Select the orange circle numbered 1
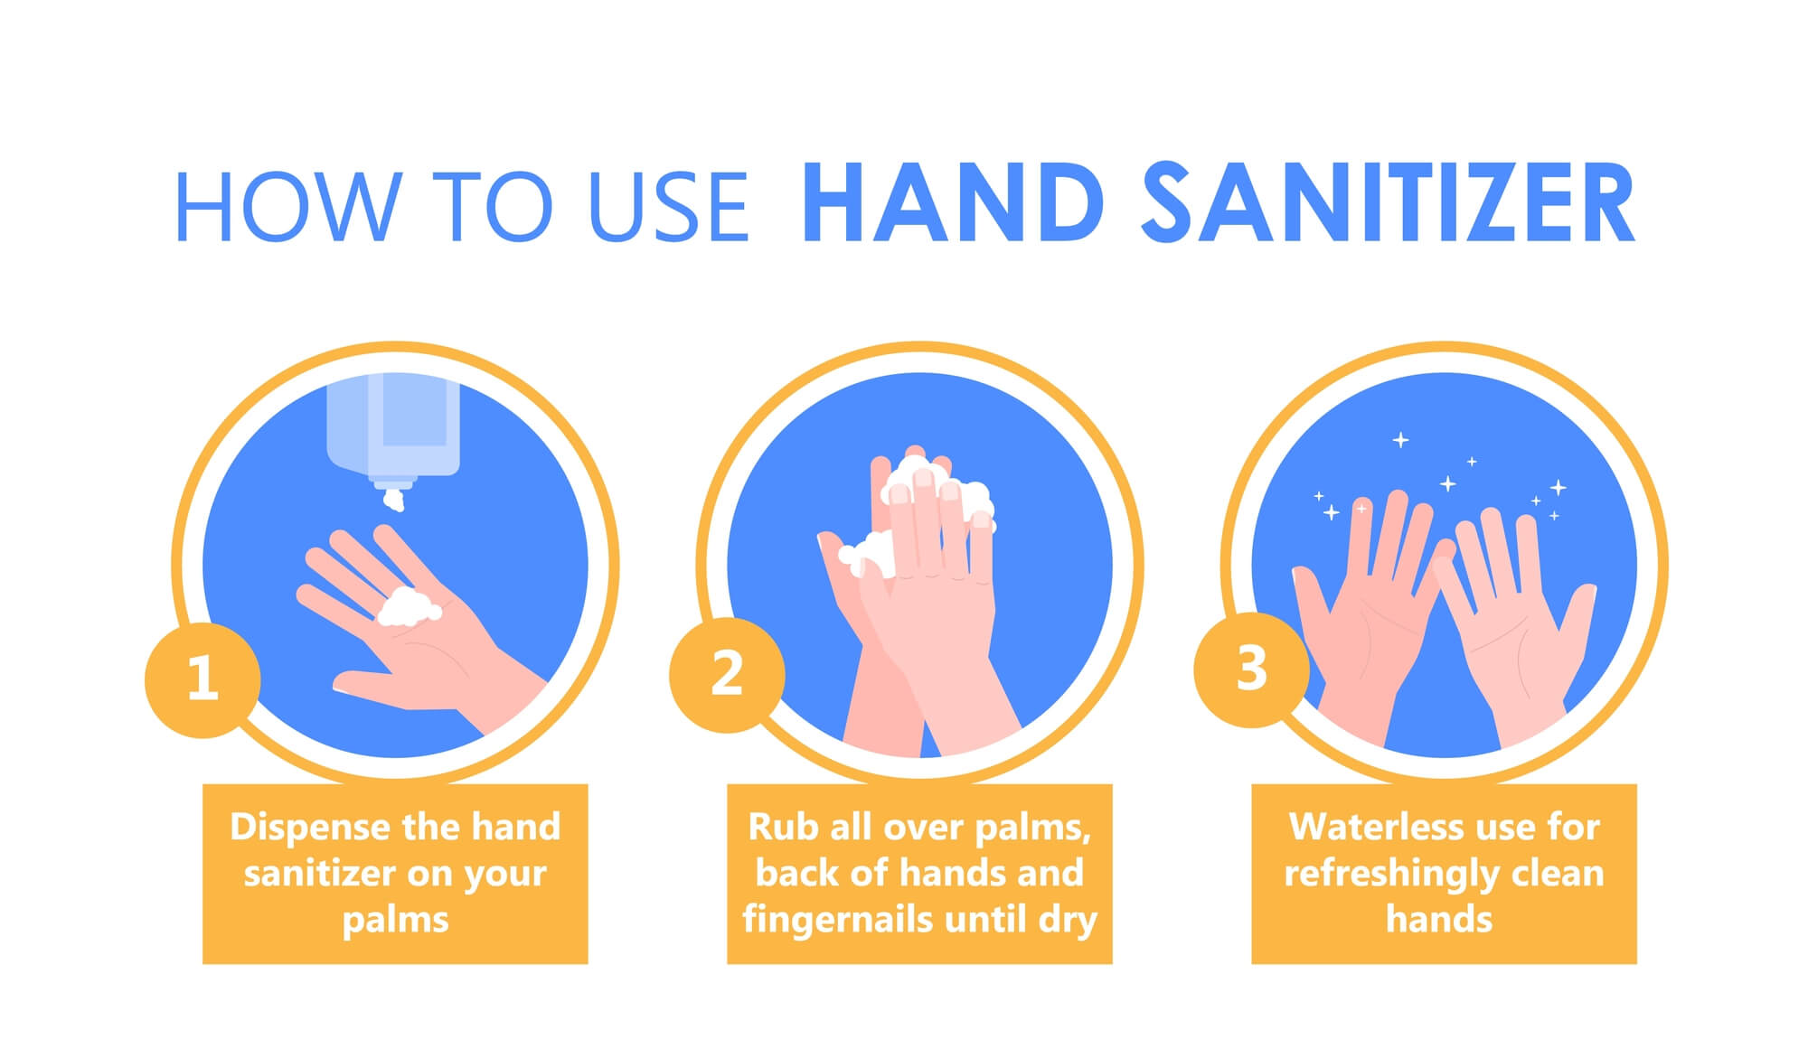point(202,679)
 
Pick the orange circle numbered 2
point(727,674)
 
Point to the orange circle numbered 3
point(1251,669)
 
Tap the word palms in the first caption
point(395,919)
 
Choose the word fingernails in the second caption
point(837,919)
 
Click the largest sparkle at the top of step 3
point(1400,440)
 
